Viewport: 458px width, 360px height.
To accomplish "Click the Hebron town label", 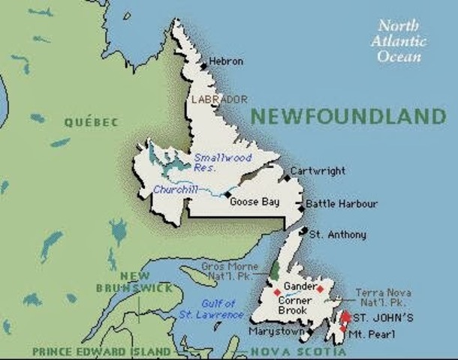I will pos(226,61).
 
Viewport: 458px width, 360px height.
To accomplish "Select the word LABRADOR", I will pos(219,99).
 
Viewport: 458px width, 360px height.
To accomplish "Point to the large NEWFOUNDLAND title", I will pos(348,116).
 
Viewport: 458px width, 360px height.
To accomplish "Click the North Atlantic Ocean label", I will pos(399,40).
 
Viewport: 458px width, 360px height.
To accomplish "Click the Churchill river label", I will pos(175,190).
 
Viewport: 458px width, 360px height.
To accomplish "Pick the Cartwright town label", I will pos(318,170).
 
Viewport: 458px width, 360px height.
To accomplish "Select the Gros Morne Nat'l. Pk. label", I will pos(230,271).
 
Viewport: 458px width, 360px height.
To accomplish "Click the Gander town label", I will pos(298,286).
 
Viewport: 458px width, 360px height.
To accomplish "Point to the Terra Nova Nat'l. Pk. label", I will pos(383,297).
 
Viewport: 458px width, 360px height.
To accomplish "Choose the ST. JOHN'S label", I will pos(383,318).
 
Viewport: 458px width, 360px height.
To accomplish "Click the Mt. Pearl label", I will pos(372,334).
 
